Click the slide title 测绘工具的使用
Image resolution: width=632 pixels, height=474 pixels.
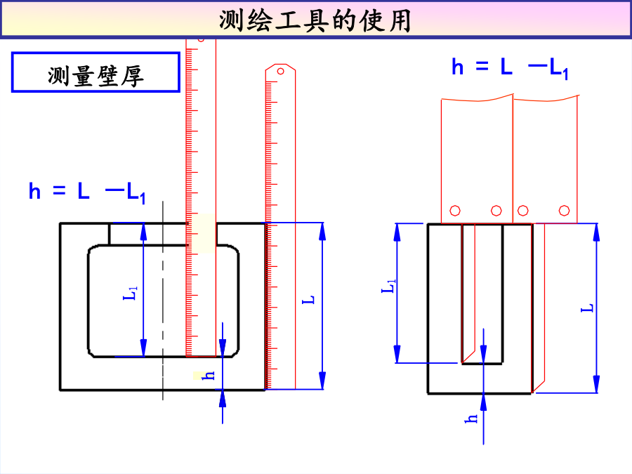coord(315,20)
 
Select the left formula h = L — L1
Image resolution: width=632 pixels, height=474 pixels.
coord(87,192)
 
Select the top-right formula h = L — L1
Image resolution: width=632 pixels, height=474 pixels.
coord(510,67)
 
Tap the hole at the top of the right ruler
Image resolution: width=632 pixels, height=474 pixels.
coord(280,72)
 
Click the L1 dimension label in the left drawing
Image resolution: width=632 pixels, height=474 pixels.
coord(130,293)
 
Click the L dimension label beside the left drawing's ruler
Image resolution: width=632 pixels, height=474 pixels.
coord(308,299)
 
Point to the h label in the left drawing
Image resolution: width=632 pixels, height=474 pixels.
coord(208,376)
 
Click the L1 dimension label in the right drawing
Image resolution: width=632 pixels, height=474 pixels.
coord(388,286)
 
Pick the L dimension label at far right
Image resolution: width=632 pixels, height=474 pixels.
coord(587,308)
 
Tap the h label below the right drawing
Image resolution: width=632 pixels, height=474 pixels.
coord(470,419)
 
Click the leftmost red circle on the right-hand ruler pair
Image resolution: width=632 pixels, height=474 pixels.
coord(455,211)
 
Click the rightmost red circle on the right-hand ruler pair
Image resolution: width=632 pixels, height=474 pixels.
coord(565,211)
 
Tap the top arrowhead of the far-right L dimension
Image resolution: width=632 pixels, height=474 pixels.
coord(596,232)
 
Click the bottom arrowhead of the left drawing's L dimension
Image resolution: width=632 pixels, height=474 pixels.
coord(322,380)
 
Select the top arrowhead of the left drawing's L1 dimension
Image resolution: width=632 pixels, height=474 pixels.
coord(143,232)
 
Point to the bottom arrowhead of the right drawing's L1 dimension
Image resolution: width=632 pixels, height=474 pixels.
coord(397,353)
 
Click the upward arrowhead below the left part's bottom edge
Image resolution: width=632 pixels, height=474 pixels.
coord(223,399)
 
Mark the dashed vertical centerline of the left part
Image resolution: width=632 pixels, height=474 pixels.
coord(163,301)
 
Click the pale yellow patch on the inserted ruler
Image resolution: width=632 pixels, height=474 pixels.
coord(204,233)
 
